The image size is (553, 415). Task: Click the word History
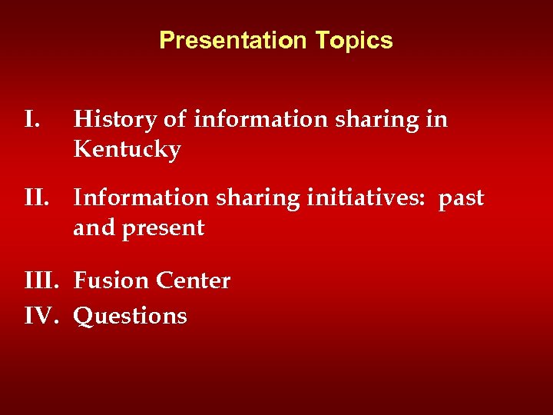tap(114, 120)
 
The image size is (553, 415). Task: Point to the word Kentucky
tap(127, 149)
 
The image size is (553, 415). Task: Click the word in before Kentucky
tap(438, 120)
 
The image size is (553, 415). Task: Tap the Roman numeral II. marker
tap(38, 198)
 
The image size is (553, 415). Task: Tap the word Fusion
tap(111, 281)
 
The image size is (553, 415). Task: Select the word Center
tap(193, 281)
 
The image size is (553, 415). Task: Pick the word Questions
tap(130, 316)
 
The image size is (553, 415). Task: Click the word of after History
tap(174, 120)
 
